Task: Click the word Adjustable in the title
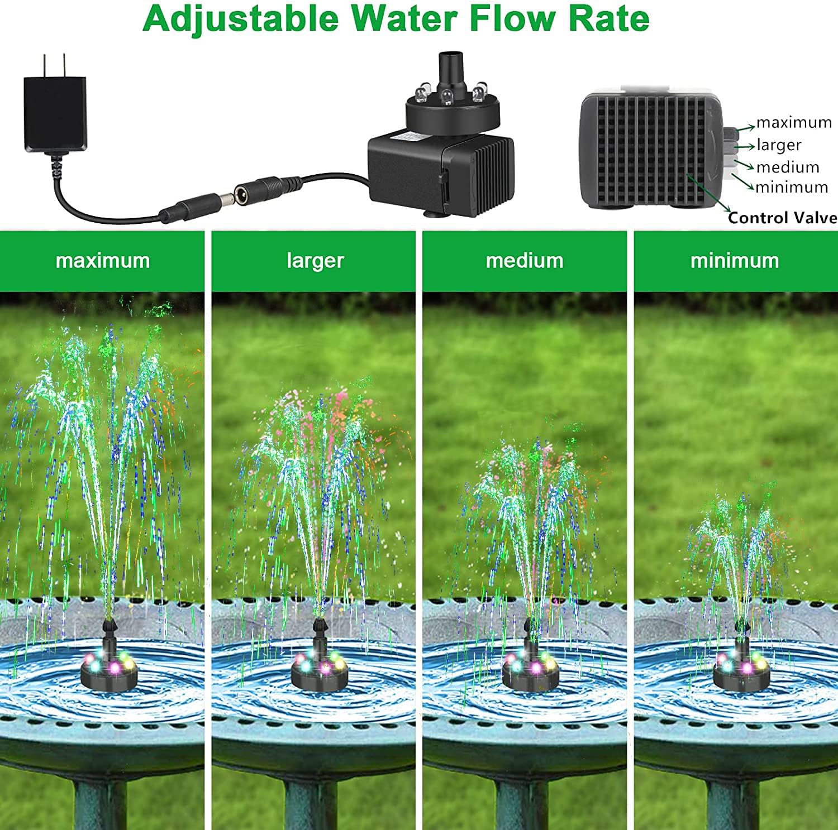click(240, 19)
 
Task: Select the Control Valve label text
click(782, 218)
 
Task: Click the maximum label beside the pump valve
click(794, 122)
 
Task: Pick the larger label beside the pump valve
click(779, 145)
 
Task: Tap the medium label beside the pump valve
click(788, 167)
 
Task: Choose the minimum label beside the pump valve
click(792, 187)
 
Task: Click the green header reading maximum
click(103, 261)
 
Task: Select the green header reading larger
click(315, 261)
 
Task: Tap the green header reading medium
click(525, 261)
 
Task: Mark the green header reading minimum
click(735, 261)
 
